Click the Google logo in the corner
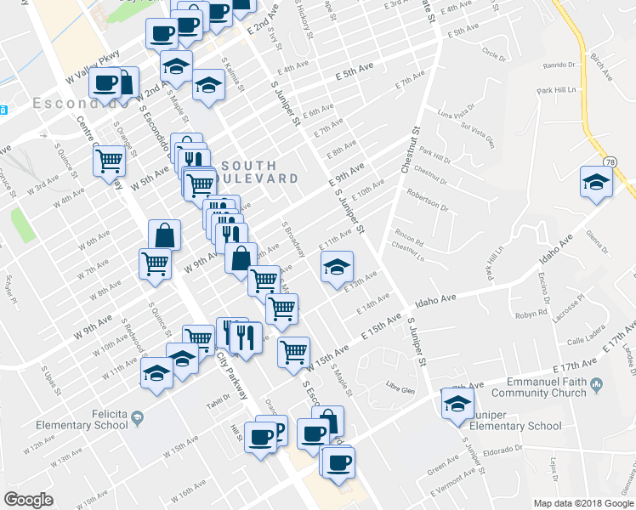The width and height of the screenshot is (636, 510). pyautogui.click(x=29, y=500)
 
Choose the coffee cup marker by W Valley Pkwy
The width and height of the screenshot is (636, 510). pyautogui.click(x=106, y=84)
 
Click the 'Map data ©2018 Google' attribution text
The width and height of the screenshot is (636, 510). pyautogui.click(x=583, y=503)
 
